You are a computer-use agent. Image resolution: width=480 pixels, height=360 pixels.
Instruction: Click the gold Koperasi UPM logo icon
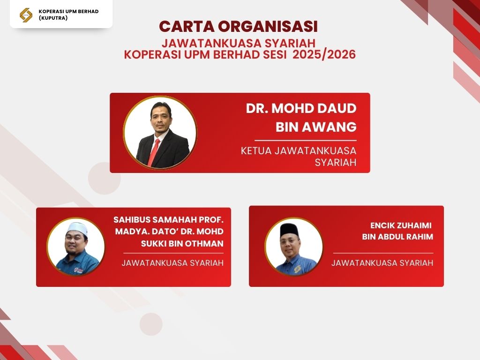[26, 15]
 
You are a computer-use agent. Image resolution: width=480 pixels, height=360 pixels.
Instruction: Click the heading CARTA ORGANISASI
[239, 26]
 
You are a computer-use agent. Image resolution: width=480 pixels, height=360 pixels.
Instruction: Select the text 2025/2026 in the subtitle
[324, 54]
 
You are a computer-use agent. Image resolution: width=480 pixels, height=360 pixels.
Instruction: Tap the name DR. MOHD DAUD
[301, 108]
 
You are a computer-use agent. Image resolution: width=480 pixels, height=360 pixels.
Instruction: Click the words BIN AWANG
[316, 127]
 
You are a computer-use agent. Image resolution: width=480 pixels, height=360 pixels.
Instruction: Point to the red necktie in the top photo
[153, 152]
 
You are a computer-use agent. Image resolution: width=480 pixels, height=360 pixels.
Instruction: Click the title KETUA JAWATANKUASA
[299, 150]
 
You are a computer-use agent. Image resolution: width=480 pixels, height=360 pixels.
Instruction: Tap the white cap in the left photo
[77, 228]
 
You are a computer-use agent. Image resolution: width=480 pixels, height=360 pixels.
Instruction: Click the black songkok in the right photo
[289, 230]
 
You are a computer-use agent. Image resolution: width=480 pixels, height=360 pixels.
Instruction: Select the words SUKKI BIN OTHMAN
[182, 244]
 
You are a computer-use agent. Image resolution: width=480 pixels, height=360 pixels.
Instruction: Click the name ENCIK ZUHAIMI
[401, 225]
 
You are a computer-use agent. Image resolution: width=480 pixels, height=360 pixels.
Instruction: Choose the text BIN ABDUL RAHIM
[397, 237]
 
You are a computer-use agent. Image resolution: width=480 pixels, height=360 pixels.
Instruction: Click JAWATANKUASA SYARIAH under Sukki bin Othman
[172, 263]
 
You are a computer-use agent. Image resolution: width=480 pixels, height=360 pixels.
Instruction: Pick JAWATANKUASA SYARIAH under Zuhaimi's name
[382, 262]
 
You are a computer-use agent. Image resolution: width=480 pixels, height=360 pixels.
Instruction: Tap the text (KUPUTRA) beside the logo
[53, 18]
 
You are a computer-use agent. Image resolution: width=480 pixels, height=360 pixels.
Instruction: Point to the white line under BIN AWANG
[306, 141]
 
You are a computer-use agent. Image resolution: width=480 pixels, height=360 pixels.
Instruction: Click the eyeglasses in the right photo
[289, 240]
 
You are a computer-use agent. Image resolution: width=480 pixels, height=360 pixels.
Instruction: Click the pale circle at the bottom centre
[151, 324]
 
